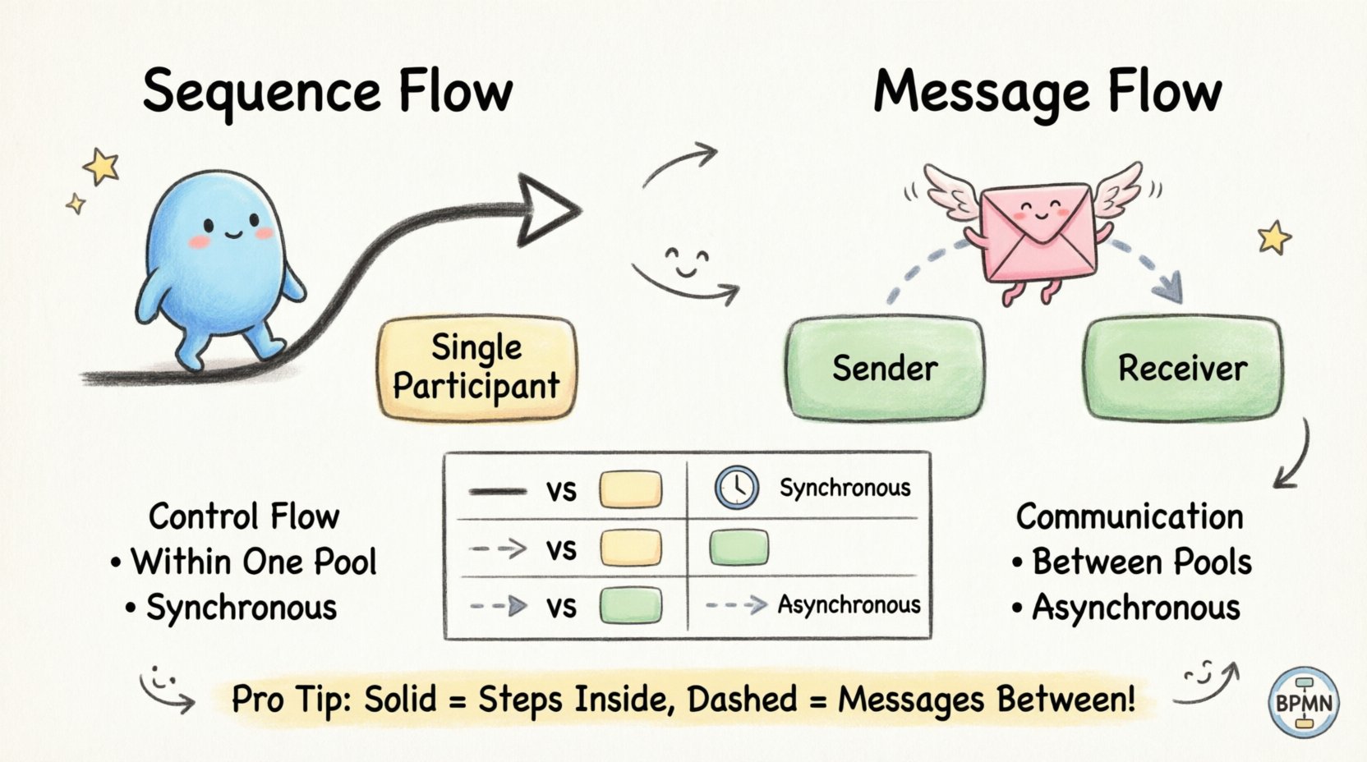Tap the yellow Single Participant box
pos(476,368)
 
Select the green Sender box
pos(885,368)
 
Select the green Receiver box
pos(1182,368)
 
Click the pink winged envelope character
pos(1037,234)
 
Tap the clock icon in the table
pos(736,488)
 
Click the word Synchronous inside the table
pos(845,488)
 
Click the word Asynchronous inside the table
pos(849,605)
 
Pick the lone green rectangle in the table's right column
pos(739,548)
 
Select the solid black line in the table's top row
pos(497,491)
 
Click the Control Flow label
pos(244,516)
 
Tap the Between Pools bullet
pos(1140,562)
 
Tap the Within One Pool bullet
pos(253,562)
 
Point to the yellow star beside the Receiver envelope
pos(1274,238)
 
